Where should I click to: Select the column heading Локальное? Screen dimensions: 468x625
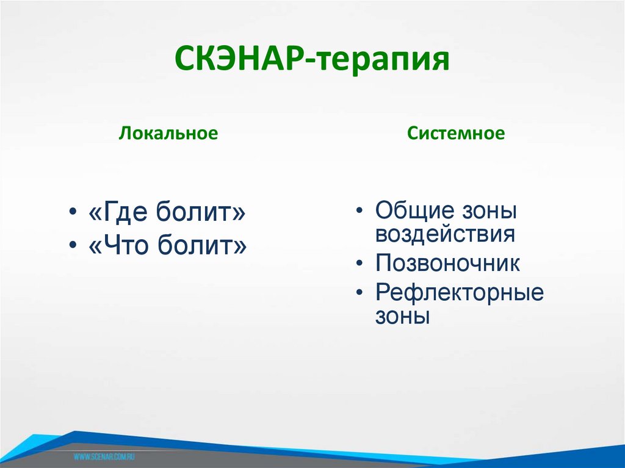168,134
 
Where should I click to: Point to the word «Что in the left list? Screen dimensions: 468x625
121,245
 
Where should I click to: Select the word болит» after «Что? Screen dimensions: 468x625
203,245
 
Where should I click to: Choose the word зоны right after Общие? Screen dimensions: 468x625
490,211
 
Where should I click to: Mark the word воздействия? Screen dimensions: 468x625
445,234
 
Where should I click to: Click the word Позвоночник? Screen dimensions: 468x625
447,264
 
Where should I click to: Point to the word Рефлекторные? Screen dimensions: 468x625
459,293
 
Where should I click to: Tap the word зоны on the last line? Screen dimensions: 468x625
403,316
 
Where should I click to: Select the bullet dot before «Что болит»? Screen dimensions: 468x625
73,245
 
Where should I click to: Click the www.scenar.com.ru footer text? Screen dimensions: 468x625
104,456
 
